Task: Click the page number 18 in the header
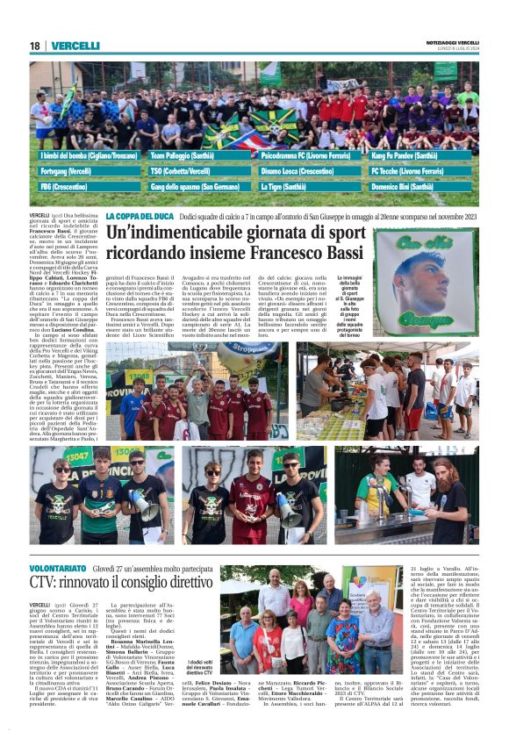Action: [x=35, y=46]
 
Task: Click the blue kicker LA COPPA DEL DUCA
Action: [x=140, y=216]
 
